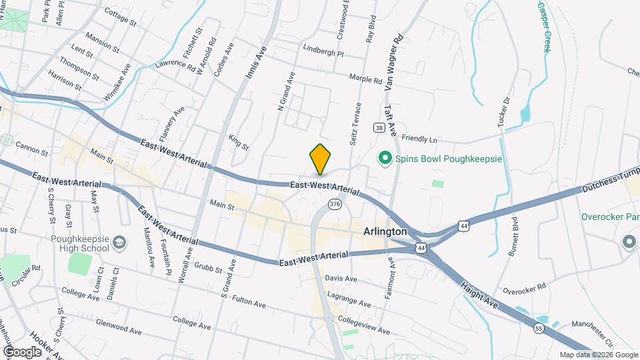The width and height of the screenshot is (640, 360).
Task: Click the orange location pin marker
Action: click(321, 159)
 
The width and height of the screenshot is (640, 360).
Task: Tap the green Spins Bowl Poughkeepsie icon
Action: click(384, 159)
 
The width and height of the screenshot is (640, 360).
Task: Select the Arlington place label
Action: click(385, 231)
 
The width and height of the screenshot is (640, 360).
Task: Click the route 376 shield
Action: click(335, 204)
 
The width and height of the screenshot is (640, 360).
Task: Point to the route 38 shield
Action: click(379, 127)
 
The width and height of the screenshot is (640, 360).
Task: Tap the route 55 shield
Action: click(538, 327)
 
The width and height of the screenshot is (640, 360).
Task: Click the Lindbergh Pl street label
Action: click(323, 53)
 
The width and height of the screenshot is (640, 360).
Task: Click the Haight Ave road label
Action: click(479, 293)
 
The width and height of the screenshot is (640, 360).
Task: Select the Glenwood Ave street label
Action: click(119, 330)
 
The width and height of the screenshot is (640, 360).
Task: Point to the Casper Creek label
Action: click(545, 27)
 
